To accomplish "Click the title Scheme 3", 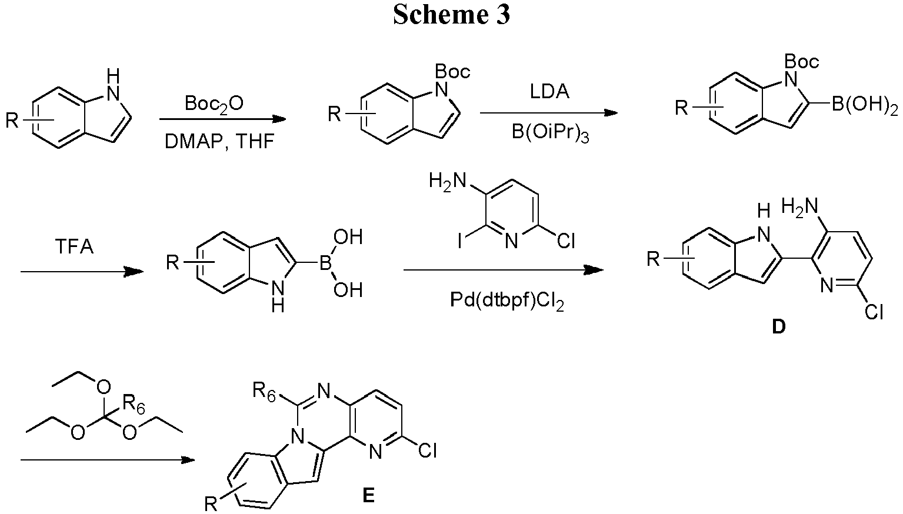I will coord(451,15).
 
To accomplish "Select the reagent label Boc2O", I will coord(214,104).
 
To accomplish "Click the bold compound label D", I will coord(778,327).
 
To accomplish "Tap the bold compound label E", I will coord(368,496).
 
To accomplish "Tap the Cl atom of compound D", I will coord(874,313).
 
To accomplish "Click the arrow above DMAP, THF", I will coord(222,119).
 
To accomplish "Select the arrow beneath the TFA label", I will coord(82,272).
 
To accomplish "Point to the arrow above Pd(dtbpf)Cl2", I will coord(503,270).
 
